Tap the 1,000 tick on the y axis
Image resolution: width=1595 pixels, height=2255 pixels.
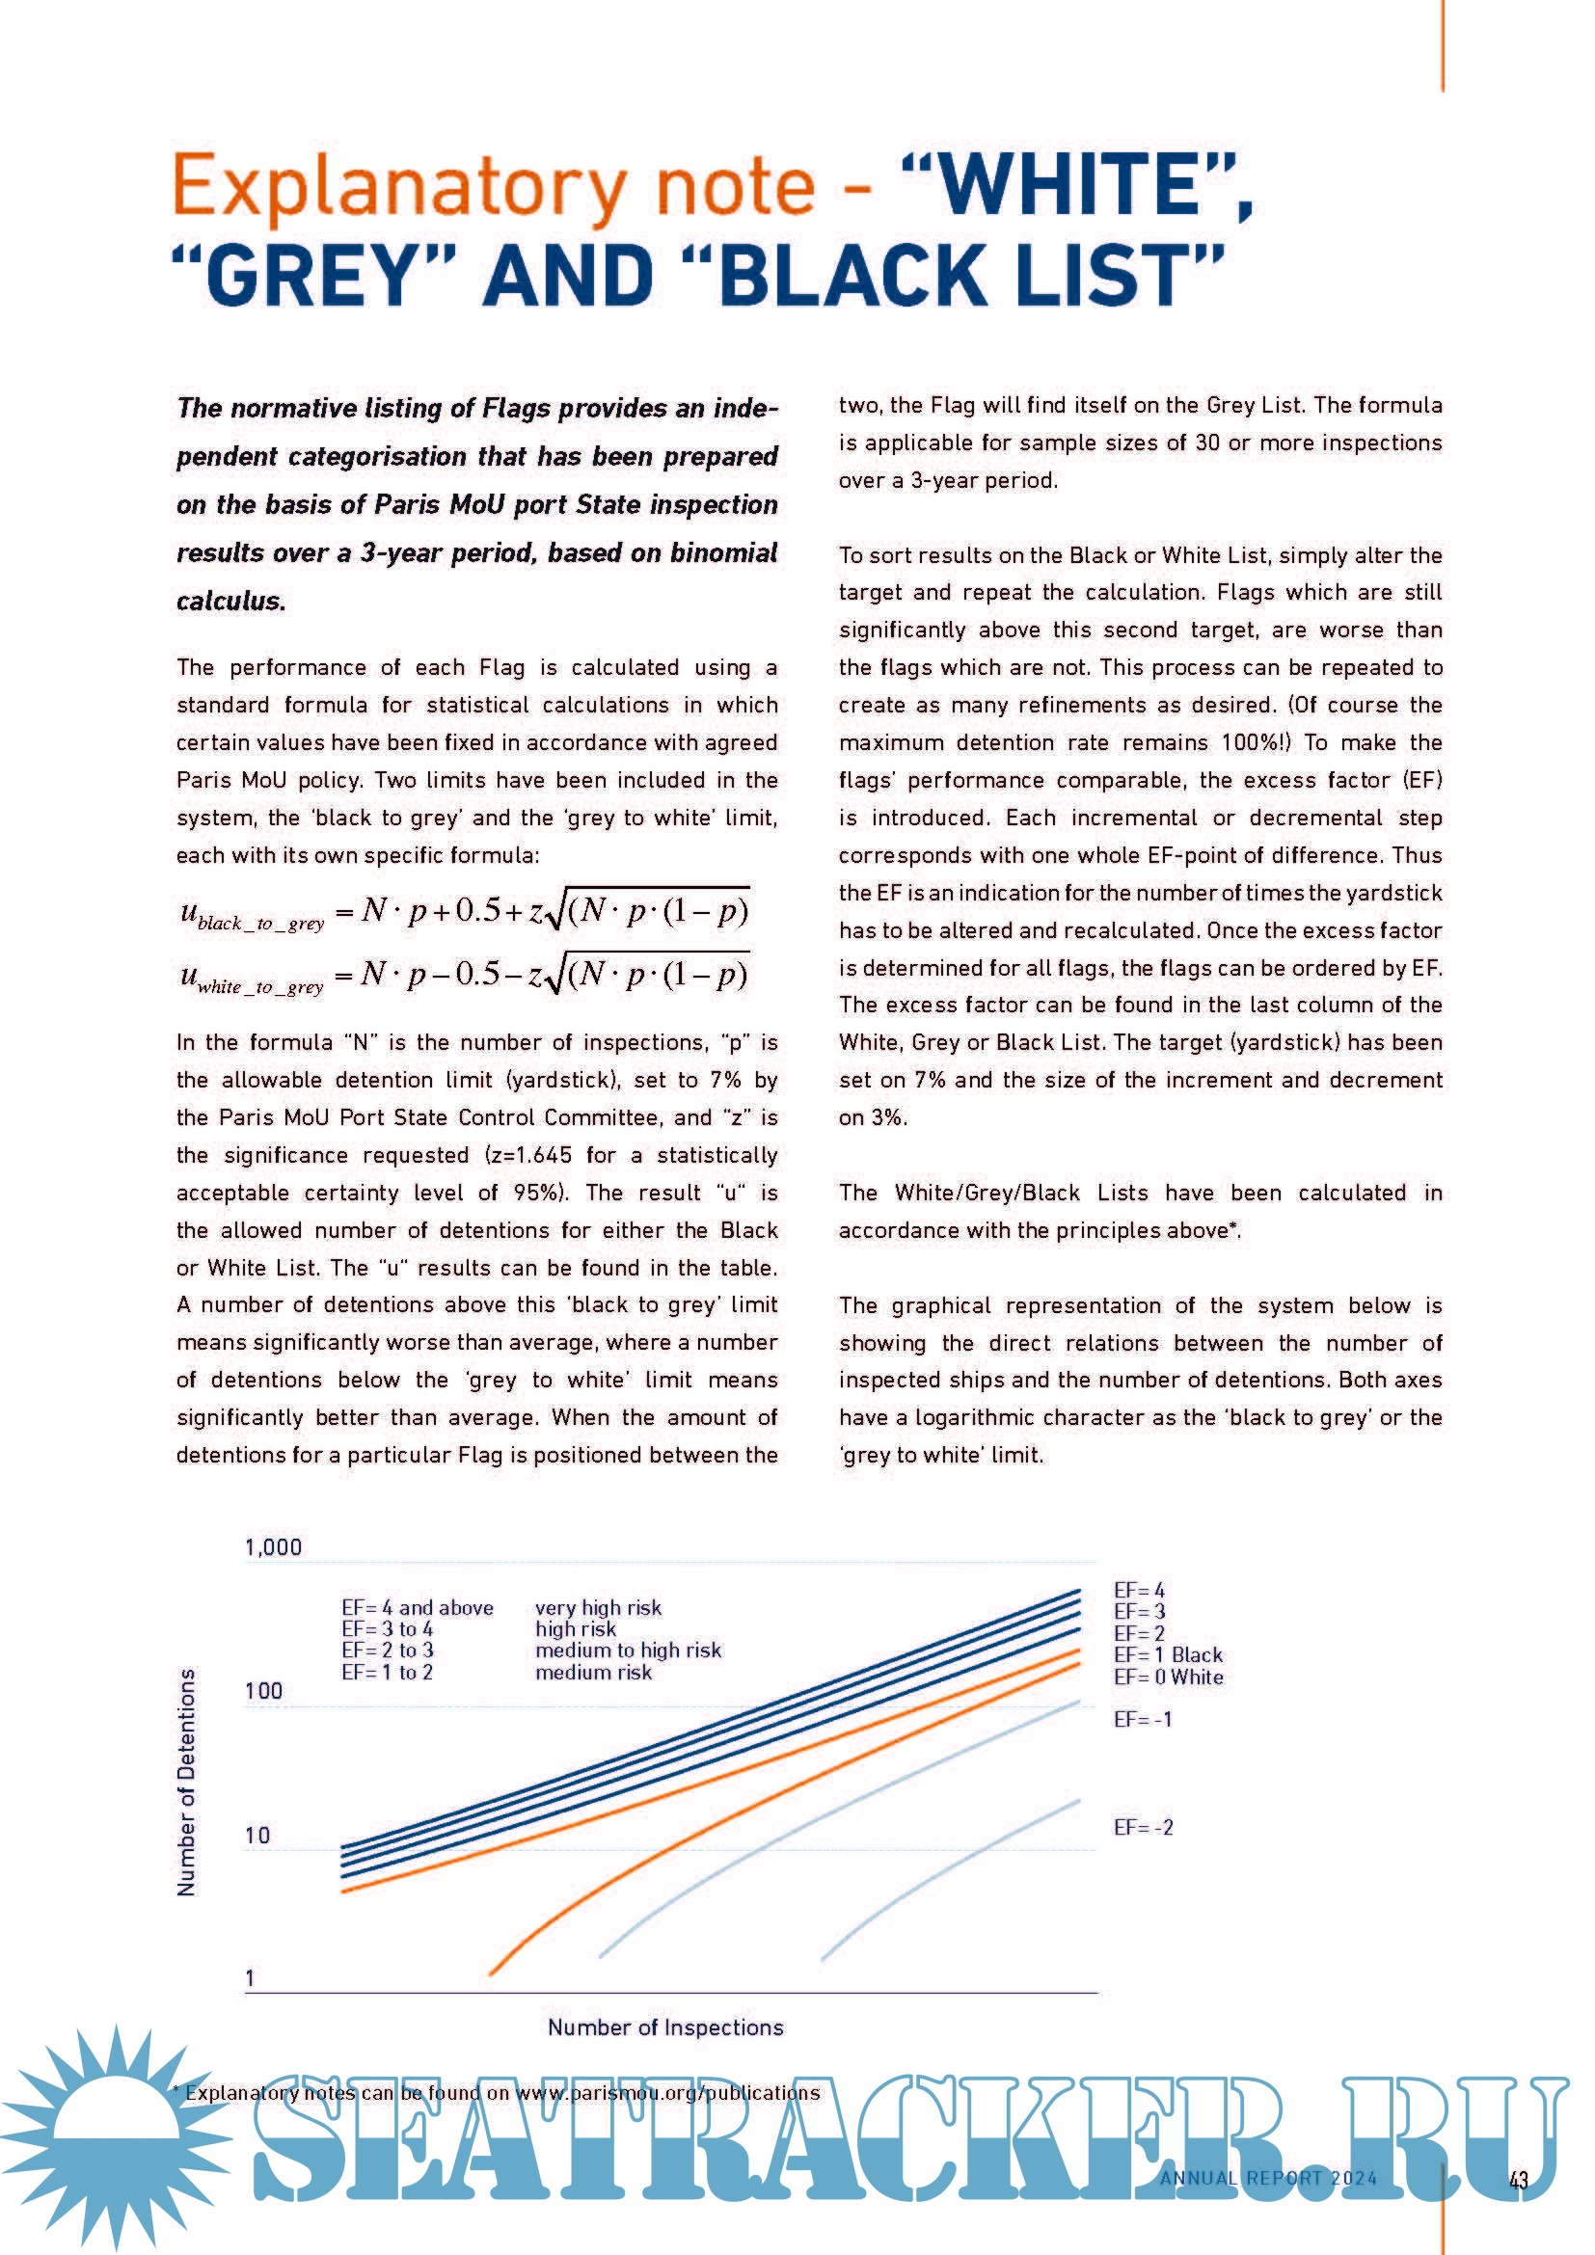273,1548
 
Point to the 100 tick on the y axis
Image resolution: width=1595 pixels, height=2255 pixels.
263,1691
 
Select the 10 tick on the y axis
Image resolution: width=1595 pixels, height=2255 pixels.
257,1835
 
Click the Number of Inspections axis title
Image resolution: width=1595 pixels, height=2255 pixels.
665,2027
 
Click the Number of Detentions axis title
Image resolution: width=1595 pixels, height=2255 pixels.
185,1783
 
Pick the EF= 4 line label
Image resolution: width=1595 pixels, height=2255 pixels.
1139,1590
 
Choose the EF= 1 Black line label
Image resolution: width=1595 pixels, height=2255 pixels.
1168,1655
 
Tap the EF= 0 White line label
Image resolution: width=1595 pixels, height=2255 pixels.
1168,1678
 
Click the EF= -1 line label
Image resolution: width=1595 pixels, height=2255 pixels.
1142,1720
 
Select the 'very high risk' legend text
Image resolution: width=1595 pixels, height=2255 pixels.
598,1608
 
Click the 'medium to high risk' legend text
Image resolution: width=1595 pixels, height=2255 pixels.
628,1650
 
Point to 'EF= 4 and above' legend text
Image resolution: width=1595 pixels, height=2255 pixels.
418,1608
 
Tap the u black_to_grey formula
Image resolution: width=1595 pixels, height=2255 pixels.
464,911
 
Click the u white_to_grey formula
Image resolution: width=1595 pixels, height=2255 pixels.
464,976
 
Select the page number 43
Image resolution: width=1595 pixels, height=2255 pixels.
1519,2181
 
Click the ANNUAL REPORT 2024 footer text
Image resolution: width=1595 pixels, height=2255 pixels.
1268,2179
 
